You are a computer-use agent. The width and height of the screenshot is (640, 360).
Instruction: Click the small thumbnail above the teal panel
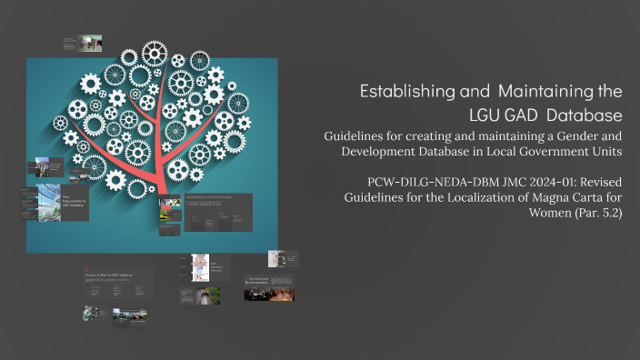[x=82, y=43]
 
